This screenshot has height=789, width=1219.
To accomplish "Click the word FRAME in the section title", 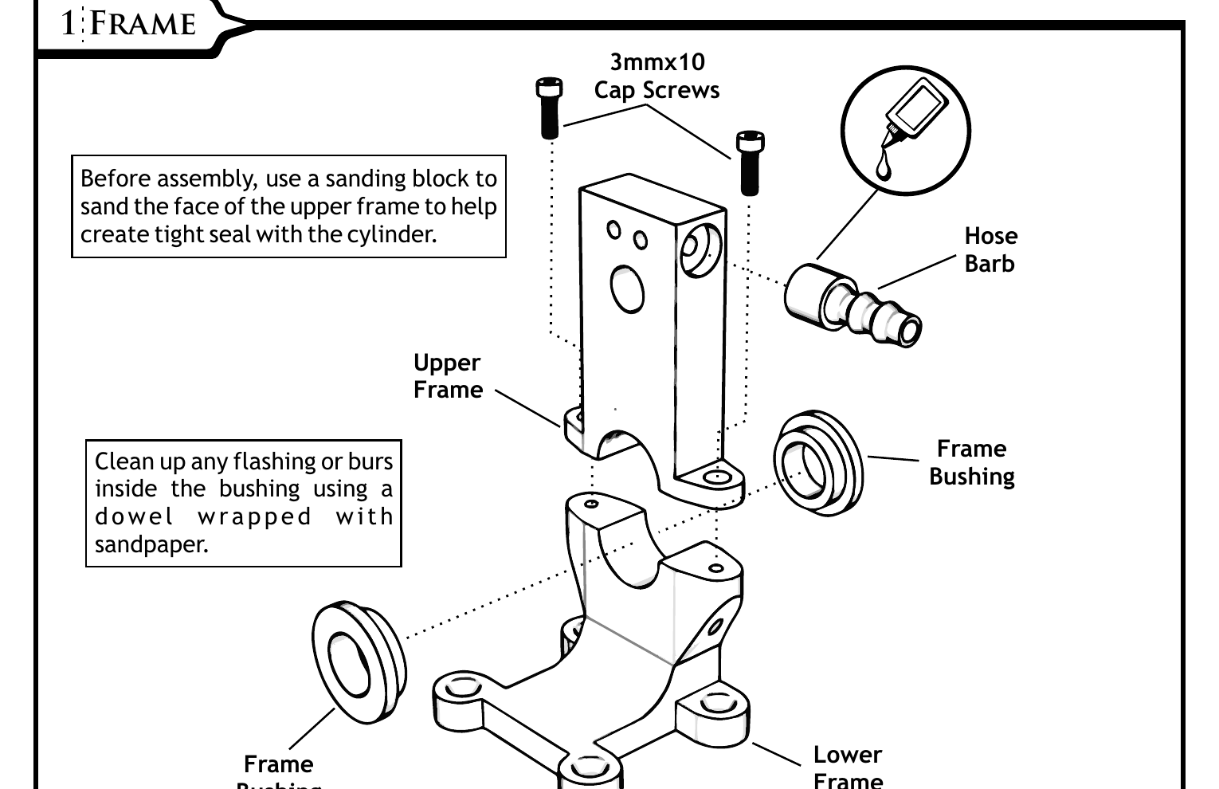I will pos(143,23).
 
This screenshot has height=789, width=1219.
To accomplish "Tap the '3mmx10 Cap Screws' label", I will pos(657,76).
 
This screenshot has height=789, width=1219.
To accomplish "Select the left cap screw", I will pos(550,108).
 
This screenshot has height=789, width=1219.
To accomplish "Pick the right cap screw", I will pos(750,163).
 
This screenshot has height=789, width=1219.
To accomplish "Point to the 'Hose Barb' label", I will pos(990,249).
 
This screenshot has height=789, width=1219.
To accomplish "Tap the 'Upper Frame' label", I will pos(448,376).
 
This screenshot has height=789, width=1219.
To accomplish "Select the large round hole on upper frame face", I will pos(627,289).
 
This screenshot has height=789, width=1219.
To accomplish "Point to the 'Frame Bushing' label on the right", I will pos(971,462).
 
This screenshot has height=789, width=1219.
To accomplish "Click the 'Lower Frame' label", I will pos(847,766).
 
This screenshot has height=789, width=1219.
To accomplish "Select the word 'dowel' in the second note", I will pos(134,516).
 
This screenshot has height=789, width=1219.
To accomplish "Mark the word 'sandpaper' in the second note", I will pos(151,544).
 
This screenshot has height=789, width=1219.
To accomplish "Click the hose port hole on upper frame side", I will pos(700,249).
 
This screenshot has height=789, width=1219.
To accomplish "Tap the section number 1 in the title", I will pos(68,23).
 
